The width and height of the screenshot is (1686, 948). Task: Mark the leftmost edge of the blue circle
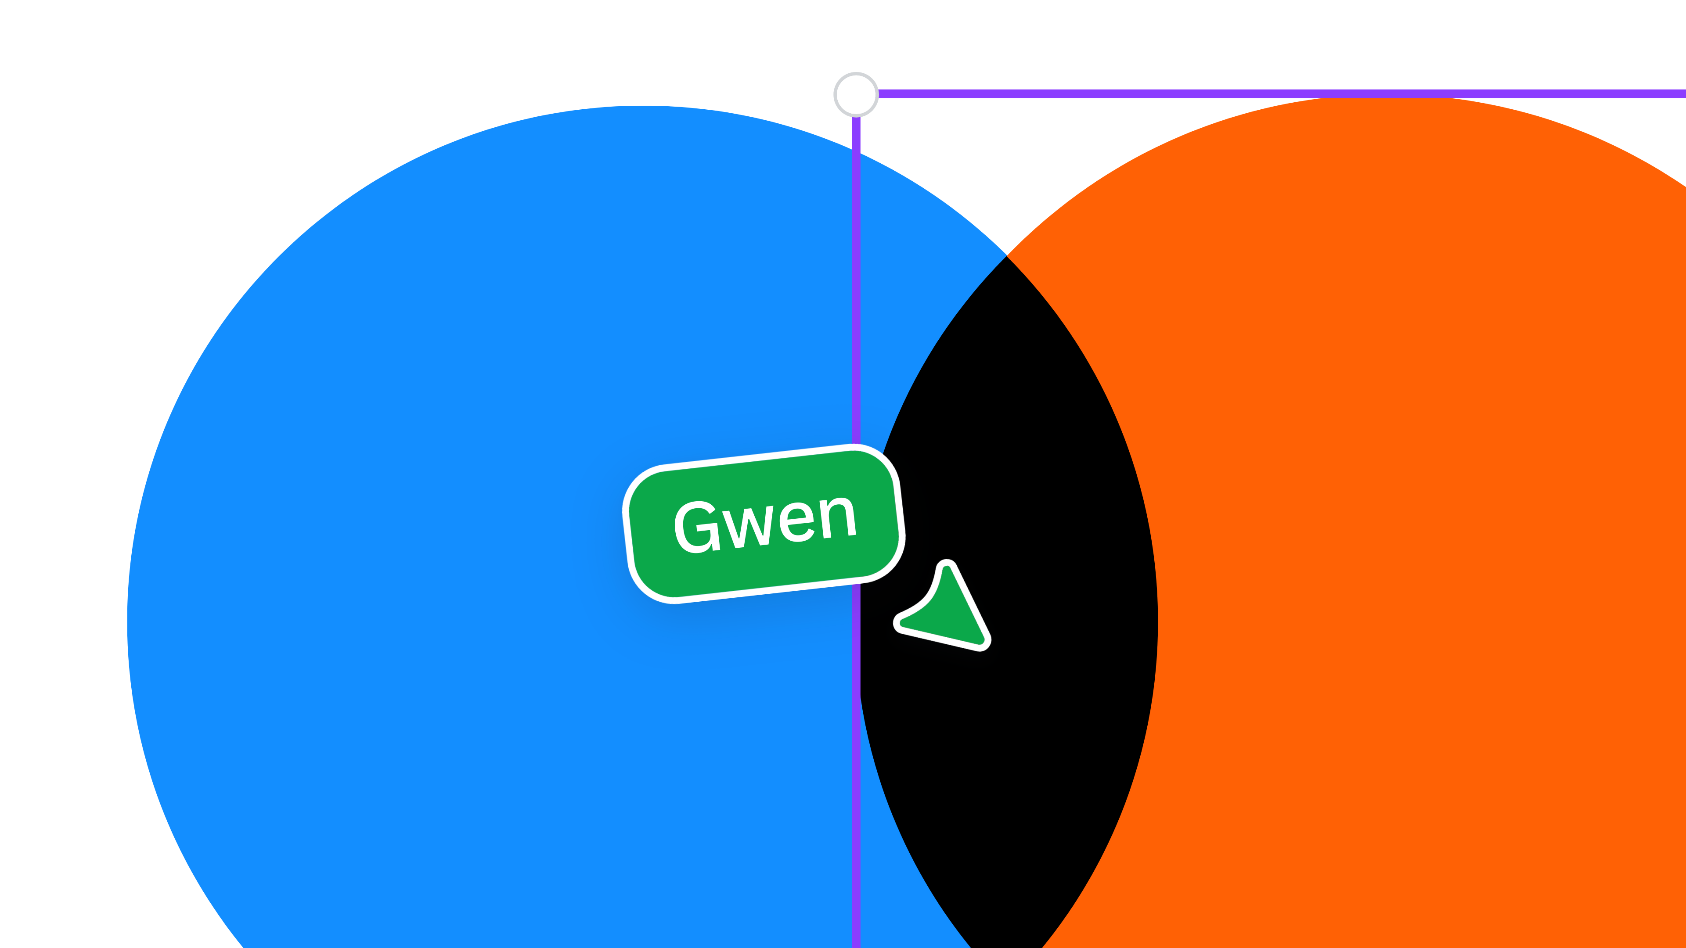(128, 621)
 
